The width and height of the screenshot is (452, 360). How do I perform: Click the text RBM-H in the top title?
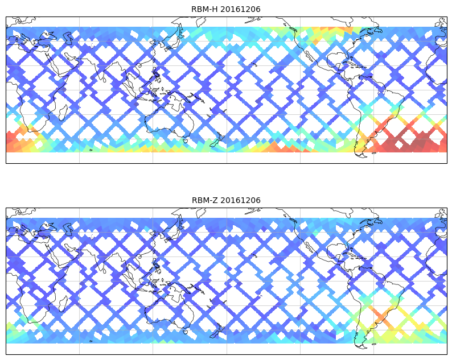click(x=204, y=9)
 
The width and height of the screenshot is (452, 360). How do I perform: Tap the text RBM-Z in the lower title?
click(x=204, y=200)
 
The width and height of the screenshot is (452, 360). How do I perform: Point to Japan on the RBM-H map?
click(x=170, y=41)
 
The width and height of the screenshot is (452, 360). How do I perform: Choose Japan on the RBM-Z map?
click(x=170, y=232)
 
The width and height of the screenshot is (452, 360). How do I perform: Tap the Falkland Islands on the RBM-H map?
click(x=374, y=152)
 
